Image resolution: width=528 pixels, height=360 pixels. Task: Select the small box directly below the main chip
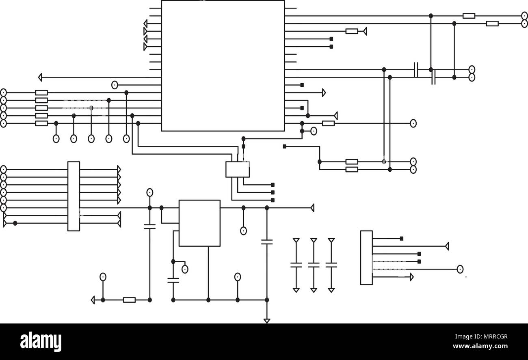pos(237,169)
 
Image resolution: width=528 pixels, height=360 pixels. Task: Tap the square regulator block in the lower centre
pos(199,223)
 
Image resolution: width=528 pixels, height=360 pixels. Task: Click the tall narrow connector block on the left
pos(74,196)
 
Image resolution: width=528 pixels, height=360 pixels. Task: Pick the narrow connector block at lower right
pos(366,257)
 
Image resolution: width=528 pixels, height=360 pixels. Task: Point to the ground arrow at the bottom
pos(266,321)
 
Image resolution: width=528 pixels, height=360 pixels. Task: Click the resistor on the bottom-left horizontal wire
pos(129,300)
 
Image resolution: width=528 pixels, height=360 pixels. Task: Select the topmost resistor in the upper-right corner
pos(469,16)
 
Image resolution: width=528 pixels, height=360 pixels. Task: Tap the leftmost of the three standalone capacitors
pos(296,265)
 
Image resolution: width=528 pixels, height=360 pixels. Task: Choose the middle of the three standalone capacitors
pos(314,265)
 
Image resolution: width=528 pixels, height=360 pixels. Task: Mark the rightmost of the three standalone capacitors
pos(331,265)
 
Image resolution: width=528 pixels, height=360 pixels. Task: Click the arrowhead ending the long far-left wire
pos(40,77)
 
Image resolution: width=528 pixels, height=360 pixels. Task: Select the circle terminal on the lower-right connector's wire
pos(460,269)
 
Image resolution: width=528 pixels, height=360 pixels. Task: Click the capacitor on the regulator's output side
pos(266,242)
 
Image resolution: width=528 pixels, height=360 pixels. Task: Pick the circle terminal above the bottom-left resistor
pos(103,277)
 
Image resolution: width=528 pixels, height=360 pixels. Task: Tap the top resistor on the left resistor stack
pos(41,93)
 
